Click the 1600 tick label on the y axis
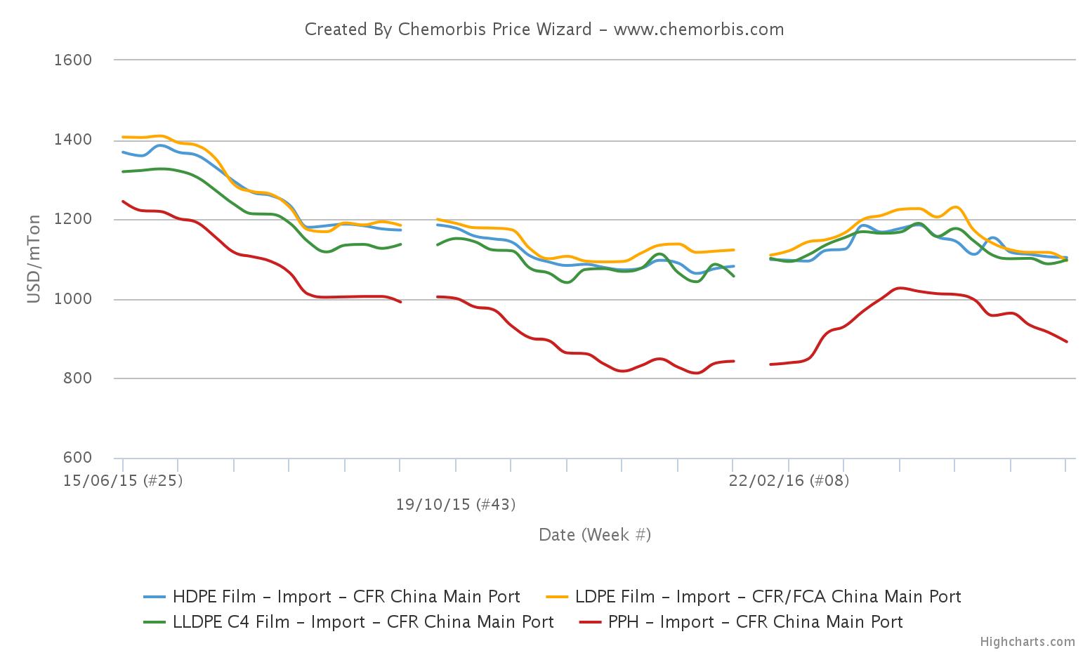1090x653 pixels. coord(73,60)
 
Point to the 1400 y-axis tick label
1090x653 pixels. coord(73,140)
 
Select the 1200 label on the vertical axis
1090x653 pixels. coord(73,220)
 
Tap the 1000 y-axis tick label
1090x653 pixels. coord(73,300)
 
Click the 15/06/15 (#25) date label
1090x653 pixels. coord(123,481)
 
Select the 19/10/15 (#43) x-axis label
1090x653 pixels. coord(456,505)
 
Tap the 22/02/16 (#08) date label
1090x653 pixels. coord(789,481)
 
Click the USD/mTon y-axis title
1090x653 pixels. coord(34,259)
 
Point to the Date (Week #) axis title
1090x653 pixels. coord(595,535)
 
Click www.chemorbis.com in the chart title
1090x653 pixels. coord(699,29)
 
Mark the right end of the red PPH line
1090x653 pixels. coord(1067,342)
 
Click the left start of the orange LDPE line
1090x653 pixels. coord(123,137)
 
